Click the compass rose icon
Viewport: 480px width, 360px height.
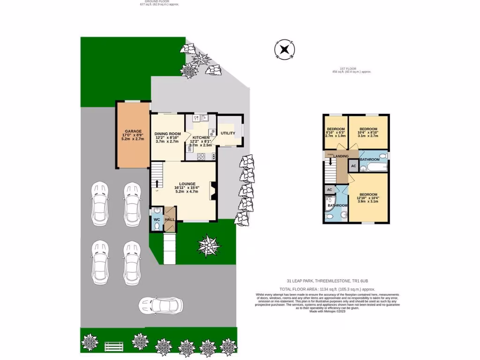(284, 49)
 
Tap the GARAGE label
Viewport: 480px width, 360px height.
(133, 131)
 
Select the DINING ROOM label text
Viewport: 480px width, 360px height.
(167, 134)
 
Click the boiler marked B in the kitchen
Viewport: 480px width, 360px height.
(214, 156)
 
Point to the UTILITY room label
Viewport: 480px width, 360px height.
(228, 133)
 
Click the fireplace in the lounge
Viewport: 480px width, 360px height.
(213, 191)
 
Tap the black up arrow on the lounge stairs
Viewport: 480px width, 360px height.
(157, 183)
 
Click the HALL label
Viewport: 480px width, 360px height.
(169, 219)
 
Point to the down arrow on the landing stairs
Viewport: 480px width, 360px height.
(331, 162)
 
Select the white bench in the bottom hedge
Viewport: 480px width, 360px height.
(113, 346)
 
